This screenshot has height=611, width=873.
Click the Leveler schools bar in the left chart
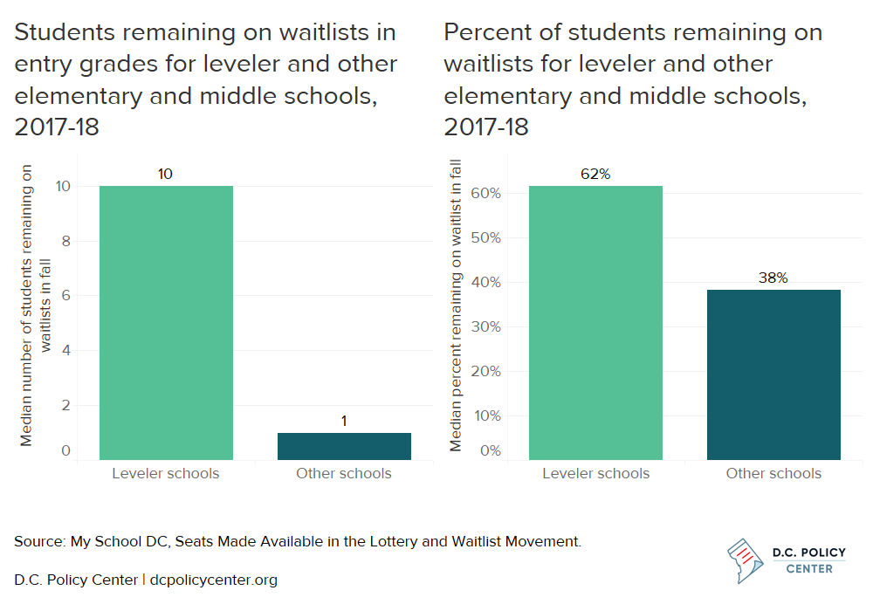point(166,322)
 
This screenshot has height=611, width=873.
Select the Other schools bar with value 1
point(344,446)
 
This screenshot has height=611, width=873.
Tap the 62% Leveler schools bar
point(595,322)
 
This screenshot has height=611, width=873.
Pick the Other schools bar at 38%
point(773,374)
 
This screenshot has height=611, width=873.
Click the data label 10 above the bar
point(165,175)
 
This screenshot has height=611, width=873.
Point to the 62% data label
point(595,175)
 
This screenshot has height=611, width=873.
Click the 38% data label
point(773,278)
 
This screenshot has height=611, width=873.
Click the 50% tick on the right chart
point(485,237)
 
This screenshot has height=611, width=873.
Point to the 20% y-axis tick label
point(485,371)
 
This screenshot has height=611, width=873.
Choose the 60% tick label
point(485,193)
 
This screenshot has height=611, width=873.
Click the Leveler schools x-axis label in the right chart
point(595,474)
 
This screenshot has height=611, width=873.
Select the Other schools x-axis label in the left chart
point(344,474)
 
